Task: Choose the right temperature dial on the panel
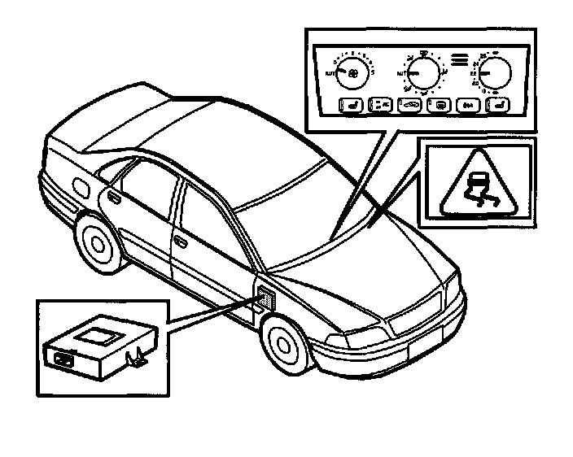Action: pyautogui.click(x=495, y=74)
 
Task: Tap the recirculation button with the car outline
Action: pyautogui.click(x=410, y=105)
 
